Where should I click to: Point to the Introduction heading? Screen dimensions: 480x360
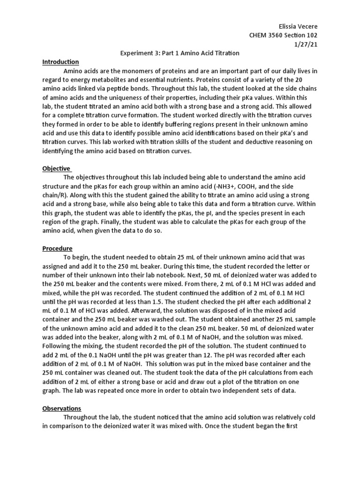60,62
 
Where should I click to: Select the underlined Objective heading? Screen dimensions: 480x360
56,168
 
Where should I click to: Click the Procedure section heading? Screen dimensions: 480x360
57,248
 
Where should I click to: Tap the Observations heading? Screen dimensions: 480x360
61,408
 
